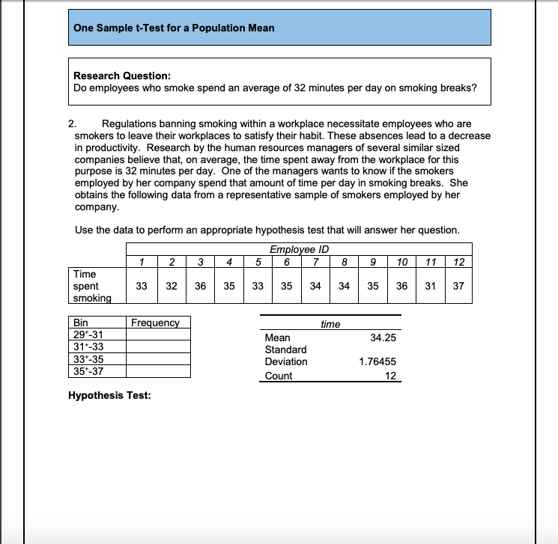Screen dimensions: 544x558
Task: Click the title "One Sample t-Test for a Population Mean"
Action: [x=174, y=28]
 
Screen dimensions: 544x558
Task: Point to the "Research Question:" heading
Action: [x=122, y=76]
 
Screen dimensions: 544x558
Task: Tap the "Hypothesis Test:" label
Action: [x=109, y=395]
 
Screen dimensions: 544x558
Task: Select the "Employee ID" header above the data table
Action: [x=299, y=249]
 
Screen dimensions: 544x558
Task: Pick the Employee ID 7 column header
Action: [x=316, y=261]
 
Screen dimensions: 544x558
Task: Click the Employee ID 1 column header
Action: [x=142, y=261]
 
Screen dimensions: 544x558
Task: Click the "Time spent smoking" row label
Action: [x=92, y=286]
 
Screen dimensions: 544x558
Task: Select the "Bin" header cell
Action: [x=80, y=323]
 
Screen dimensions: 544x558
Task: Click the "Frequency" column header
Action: [x=155, y=323]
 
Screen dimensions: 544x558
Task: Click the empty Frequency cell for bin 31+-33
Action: [x=157, y=346]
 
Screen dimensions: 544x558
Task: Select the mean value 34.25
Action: [x=383, y=337]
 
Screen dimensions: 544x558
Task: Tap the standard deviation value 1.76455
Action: [x=377, y=361]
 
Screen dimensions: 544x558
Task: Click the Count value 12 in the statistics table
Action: [x=389, y=376]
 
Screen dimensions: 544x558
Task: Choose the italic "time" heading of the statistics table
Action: [x=330, y=324]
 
